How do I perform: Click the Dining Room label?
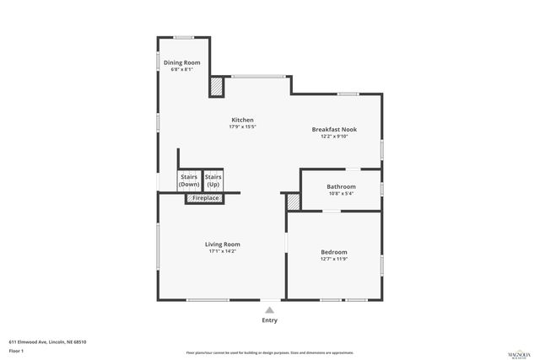[181, 62]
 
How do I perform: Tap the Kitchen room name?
[242, 120]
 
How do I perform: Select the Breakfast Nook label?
[334, 129]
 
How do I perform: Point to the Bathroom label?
[342, 186]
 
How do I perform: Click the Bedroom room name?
[333, 252]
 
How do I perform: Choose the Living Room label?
[223, 244]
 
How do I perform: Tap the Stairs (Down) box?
[189, 180]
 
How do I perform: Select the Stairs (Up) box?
[213, 180]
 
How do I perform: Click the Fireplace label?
[205, 198]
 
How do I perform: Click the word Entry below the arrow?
[269, 320]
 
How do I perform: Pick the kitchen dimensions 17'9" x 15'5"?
[242, 127]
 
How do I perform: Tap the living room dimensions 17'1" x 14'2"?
[223, 251]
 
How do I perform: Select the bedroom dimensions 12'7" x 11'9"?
[333, 259]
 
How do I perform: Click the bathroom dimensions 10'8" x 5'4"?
[342, 193]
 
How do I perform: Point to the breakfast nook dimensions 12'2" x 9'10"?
[334, 136]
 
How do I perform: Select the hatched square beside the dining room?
[216, 85]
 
